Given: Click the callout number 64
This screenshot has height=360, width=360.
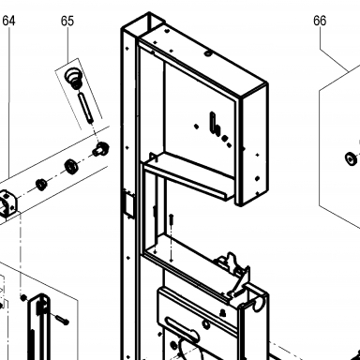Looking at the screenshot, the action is click(x=8, y=21).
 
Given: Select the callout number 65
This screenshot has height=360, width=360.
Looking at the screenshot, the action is click(x=67, y=21).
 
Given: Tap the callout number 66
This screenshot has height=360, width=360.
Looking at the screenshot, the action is click(x=320, y=21).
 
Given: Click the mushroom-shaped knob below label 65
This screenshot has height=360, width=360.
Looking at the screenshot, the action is click(x=74, y=78).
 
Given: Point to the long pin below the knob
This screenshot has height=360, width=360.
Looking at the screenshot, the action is click(x=85, y=107).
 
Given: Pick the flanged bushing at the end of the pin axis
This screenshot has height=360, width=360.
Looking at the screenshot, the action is click(x=100, y=148).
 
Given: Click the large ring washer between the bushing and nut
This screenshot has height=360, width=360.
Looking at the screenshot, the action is click(x=71, y=166).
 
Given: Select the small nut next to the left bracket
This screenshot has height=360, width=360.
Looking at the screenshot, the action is click(x=41, y=185).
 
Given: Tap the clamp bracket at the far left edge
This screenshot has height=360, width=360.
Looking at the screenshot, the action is click(x=7, y=203).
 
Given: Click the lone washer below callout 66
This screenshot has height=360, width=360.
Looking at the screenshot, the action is click(x=351, y=157).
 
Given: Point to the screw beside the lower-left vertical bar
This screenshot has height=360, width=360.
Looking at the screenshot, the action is click(x=63, y=320).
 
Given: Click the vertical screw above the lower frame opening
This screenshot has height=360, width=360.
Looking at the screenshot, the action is click(x=171, y=221).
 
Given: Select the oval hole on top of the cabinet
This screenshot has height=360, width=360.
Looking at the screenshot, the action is click(x=208, y=53).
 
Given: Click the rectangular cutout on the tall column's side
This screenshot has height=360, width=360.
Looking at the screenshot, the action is click(x=129, y=204).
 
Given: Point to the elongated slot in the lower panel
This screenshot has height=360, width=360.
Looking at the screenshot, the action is click(x=181, y=328).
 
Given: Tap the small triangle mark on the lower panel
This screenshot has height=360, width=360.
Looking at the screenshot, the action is click(x=223, y=312).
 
